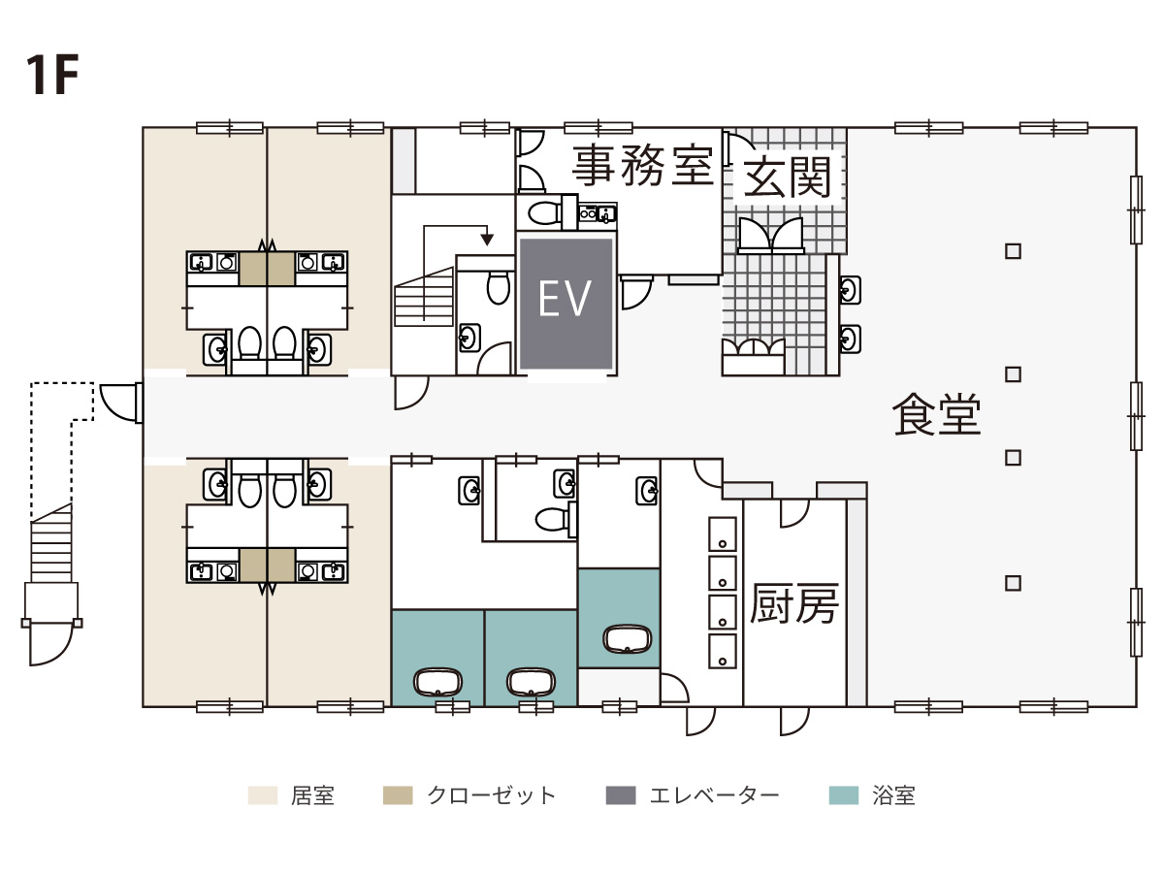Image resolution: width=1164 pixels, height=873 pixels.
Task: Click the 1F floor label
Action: click(x=52, y=75)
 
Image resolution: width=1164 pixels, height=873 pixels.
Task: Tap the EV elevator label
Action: click(x=565, y=299)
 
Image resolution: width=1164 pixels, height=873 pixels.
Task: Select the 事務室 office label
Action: click(x=642, y=165)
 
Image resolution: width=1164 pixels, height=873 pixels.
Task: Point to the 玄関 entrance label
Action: click(x=787, y=178)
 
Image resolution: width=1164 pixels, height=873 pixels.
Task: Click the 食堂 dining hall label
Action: click(x=936, y=415)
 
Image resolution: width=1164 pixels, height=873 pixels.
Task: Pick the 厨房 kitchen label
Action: click(x=793, y=603)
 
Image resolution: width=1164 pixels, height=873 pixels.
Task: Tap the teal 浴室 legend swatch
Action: click(x=843, y=795)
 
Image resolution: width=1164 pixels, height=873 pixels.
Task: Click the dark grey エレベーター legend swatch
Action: click(x=621, y=795)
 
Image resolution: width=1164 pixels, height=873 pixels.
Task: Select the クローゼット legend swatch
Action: click(x=398, y=795)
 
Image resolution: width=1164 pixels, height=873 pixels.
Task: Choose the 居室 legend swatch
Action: click(x=263, y=795)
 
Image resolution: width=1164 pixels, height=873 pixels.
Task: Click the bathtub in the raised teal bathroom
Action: click(x=628, y=640)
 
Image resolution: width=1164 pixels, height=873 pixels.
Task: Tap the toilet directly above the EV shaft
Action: click(x=544, y=212)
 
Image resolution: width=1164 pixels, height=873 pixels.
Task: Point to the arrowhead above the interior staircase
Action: click(x=487, y=240)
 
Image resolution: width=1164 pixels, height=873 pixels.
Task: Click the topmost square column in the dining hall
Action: click(x=1013, y=251)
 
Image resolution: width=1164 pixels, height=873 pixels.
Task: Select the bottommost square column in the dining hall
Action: click(x=1013, y=584)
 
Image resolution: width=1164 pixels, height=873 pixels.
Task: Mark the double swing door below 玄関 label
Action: click(x=771, y=237)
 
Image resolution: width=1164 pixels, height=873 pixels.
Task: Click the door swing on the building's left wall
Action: click(x=119, y=404)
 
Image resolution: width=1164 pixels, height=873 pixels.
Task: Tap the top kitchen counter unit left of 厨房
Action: click(x=723, y=533)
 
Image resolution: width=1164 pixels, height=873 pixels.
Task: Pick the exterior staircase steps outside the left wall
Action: click(x=50, y=544)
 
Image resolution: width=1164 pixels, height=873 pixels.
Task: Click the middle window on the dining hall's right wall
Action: click(x=1135, y=416)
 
